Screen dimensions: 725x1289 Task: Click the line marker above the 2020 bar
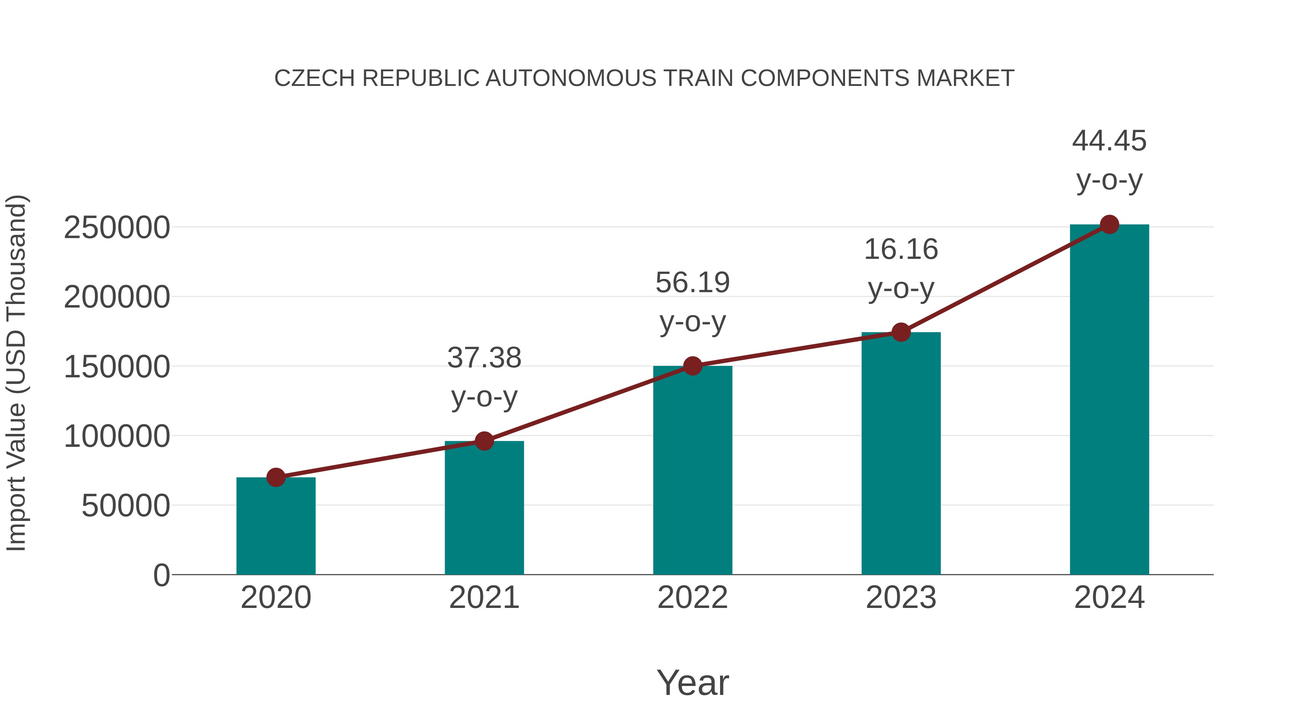click(x=276, y=477)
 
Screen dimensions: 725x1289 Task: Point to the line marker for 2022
click(x=692, y=366)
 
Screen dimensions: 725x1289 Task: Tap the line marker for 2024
click(x=1109, y=224)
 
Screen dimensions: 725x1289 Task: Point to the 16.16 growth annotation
click(x=901, y=268)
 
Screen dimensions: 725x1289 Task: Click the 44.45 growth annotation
click(x=1109, y=160)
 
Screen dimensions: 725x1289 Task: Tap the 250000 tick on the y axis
click(x=117, y=228)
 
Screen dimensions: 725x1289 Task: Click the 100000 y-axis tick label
click(x=117, y=436)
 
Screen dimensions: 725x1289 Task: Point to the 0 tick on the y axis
click(x=161, y=575)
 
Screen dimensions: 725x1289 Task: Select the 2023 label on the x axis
click(x=901, y=598)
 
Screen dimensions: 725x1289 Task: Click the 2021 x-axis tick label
click(x=484, y=598)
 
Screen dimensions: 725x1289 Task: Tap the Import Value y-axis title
click(x=16, y=373)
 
